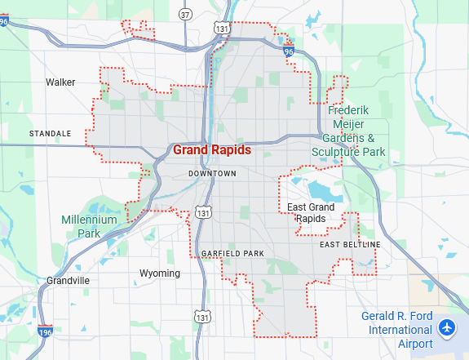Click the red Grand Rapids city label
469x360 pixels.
pyautogui.click(x=212, y=150)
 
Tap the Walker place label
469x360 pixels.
pyautogui.click(x=60, y=82)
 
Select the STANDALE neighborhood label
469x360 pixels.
pyautogui.click(x=50, y=133)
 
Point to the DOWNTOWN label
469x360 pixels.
pyautogui.click(x=212, y=174)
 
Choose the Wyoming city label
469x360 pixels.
pyautogui.click(x=160, y=273)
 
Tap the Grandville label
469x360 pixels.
pyautogui.click(x=68, y=280)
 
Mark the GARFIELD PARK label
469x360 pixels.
pyautogui.click(x=232, y=254)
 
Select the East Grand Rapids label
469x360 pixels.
pyautogui.click(x=311, y=213)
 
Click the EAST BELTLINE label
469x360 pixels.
pyautogui.click(x=350, y=245)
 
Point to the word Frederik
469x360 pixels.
pyautogui.click(x=349, y=110)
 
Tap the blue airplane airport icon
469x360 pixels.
pyautogui.click(x=446, y=328)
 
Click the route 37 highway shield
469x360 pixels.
pyautogui.click(x=186, y=14)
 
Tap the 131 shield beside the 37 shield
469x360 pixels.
pyautogui.click(x=223, y=29)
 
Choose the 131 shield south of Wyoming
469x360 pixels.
pyautogui.click(x=201, y=315)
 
